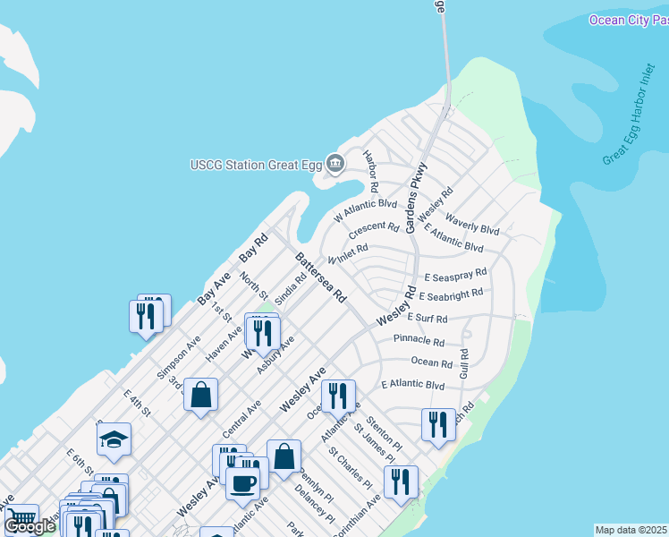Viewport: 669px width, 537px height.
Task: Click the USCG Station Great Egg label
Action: (256, 164)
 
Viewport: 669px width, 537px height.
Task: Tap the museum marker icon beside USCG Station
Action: (335, 163)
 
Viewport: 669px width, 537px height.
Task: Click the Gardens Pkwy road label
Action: (417, 198)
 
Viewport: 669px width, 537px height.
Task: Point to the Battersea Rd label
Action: (320, 277)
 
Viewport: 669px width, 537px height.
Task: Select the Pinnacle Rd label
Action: (419, 341)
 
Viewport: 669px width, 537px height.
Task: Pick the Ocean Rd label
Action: (431, 362)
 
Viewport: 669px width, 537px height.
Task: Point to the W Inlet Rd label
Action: (348, 254)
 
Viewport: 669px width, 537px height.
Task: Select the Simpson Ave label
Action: (179, 357)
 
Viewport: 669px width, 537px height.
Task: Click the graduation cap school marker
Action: (114, 438)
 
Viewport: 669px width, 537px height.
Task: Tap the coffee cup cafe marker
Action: (241, 482)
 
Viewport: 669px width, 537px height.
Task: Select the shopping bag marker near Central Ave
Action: (201, 394)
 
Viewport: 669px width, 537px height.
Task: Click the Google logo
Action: (30, 526)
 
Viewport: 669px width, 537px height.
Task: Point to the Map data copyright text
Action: (631, 530)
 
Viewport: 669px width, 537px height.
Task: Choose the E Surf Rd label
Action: (427, 318)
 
